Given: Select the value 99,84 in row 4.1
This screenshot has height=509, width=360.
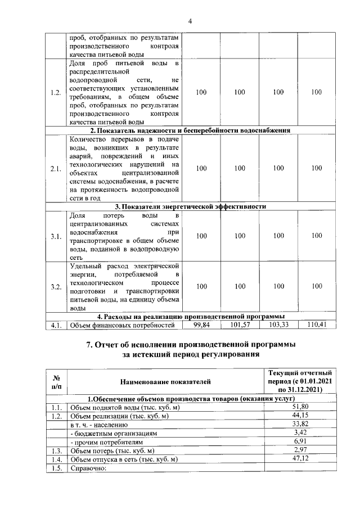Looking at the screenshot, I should [x=201, y=325].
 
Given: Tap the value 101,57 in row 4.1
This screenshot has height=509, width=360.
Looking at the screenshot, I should [x=240, y=325].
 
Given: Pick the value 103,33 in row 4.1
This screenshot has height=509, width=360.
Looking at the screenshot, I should [x=278, y=325].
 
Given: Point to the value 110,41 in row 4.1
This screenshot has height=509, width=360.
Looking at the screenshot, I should [x=317, y=325].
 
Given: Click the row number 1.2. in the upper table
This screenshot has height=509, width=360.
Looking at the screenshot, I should [x=55, y=92].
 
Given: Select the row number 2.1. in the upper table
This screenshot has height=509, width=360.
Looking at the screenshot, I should [x=55, y=168].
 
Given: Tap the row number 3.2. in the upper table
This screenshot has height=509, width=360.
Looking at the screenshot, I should [x=55, y=287].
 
